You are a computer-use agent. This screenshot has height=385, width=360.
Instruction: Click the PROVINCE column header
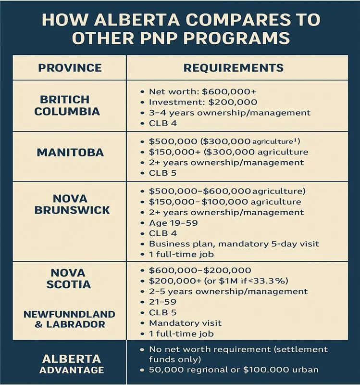[x=70, y=67]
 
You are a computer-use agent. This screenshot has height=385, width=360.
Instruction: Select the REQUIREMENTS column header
[x=234, y=67]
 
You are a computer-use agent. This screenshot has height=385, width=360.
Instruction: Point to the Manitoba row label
[x=70, y=153]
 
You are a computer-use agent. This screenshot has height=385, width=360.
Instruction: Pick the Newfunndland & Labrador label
[x=70, y=319]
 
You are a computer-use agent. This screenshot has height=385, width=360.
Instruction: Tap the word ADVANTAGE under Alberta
[x=72, y=370]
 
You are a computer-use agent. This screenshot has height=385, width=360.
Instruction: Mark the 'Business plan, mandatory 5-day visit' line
[x=234, y=244]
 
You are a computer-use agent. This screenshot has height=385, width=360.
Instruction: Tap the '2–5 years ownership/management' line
[x=228, y=291]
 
